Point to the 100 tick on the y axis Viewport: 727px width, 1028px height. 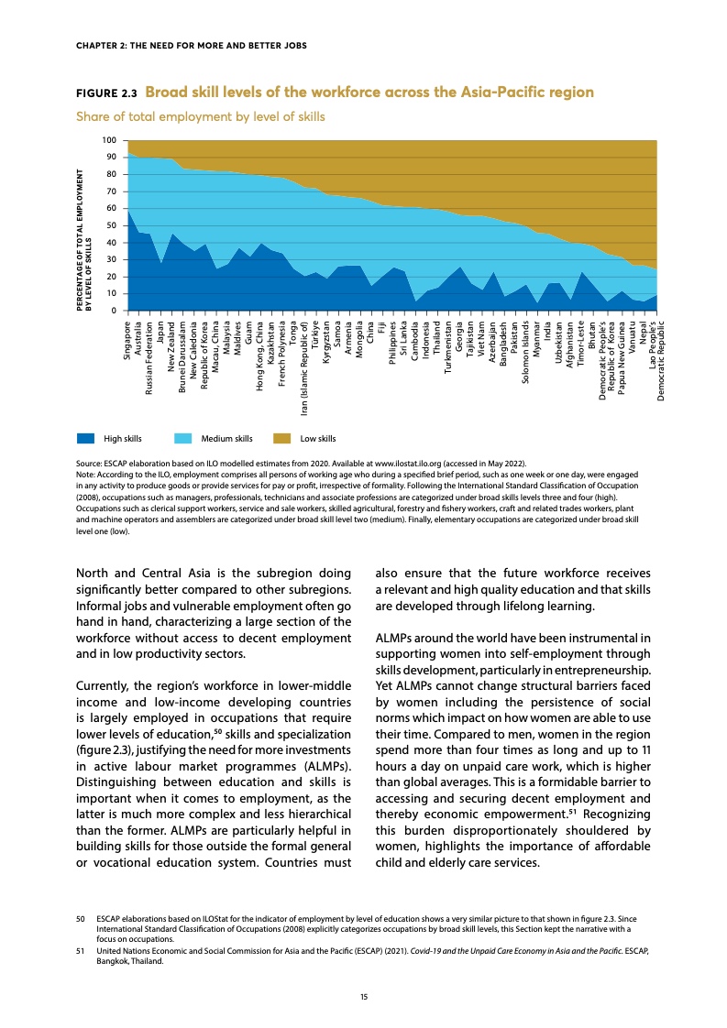click(110, 140)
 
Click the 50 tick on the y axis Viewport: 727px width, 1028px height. click(112, 225)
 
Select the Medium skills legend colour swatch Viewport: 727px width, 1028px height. click(183, 438)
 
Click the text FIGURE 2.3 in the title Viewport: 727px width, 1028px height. click(106, 93)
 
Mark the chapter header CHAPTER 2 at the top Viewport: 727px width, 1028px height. click(189, 45)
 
